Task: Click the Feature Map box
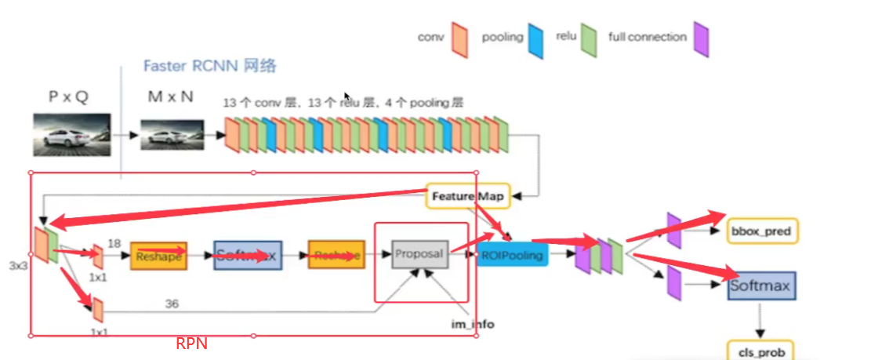click(469, 196)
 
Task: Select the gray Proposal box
click(419, 254)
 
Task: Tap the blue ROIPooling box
click(513, 254)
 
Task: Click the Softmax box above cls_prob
click(760, 285)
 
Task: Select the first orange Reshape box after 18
click(158, 256)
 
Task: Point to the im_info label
click(473, 324)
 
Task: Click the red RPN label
click(191, 344)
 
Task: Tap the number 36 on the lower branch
click(172, 303)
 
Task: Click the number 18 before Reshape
click(114, 244)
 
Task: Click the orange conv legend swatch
click(459, 39)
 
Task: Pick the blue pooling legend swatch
click(535, 40)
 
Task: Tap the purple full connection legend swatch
click(701, 39)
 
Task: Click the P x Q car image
click(71, 134)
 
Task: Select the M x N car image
click(172, 134)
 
